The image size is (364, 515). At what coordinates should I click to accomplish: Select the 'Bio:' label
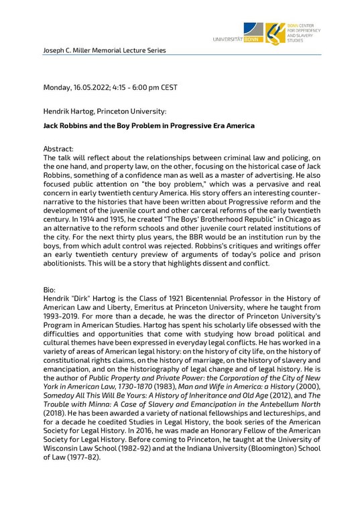pos(51,289)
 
